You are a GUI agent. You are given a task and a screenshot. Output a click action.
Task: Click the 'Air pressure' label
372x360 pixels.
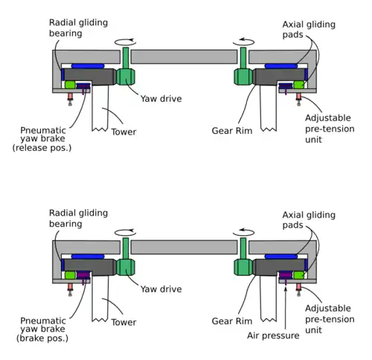(273, 335)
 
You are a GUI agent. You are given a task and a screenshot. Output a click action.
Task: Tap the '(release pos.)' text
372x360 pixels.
(42, 148)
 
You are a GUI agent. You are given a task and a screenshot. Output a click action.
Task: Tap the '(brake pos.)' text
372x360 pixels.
(42, 338)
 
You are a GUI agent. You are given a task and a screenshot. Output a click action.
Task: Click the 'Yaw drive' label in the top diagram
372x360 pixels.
(161, 99)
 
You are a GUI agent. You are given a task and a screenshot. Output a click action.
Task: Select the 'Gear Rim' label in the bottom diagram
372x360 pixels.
(232, 321)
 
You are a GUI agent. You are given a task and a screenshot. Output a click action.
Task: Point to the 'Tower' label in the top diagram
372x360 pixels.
(124, 132)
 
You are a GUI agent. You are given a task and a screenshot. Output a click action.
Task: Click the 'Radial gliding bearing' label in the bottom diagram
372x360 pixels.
(78, 219)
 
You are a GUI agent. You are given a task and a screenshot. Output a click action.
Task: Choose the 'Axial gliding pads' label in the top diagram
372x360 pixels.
(309, 29)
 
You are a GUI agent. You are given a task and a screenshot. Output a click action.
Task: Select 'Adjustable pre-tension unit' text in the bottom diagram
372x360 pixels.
(330, 319)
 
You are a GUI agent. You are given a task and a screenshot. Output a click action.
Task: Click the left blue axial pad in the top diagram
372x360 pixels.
(88, 66)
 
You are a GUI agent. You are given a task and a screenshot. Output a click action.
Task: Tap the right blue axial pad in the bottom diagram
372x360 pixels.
(281, 257)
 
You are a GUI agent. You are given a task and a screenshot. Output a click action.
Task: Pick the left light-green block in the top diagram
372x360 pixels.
(70, 85)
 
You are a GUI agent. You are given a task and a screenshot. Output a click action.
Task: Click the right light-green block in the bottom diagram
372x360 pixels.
(299, 275)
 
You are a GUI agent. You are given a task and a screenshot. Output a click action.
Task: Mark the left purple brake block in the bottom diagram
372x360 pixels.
(83, 275)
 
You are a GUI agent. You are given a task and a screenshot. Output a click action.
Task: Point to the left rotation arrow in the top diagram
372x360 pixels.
(125, 42)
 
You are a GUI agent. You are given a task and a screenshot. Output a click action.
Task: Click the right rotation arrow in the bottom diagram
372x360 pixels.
(243, 233)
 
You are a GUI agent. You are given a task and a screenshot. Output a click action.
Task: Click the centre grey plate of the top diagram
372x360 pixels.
(184, 57)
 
